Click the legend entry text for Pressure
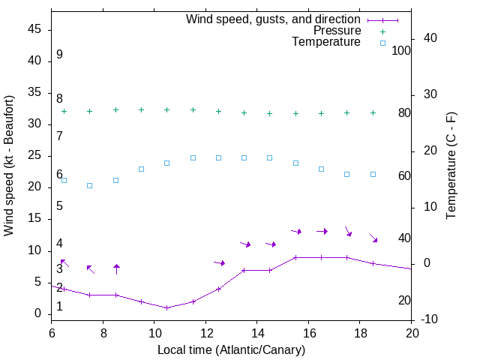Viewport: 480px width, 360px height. pos(337,31)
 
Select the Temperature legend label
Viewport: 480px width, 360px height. pos(326,42)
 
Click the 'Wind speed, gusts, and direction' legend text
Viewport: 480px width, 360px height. pos(273,19)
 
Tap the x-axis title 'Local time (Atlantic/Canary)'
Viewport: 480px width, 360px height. pos(231,349)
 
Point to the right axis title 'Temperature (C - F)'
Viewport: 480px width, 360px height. pos(451,165)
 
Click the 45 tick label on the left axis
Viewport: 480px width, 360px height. pos(34,29)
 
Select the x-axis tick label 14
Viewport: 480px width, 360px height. pos(256,333)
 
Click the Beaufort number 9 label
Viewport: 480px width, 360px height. pos(59,55)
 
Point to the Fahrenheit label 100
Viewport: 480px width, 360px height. pos(402,50)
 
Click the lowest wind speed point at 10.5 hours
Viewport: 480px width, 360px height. pos(166,307)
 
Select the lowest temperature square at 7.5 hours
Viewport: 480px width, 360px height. pos(89,185)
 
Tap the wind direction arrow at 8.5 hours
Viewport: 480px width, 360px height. pos(116,268)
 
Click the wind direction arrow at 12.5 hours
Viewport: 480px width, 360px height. pos(219,262)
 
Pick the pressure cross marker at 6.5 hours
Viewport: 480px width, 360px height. pos(64,111)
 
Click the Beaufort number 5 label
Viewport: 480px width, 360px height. pos(59,205)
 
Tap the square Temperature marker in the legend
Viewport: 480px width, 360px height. pos(382,43)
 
